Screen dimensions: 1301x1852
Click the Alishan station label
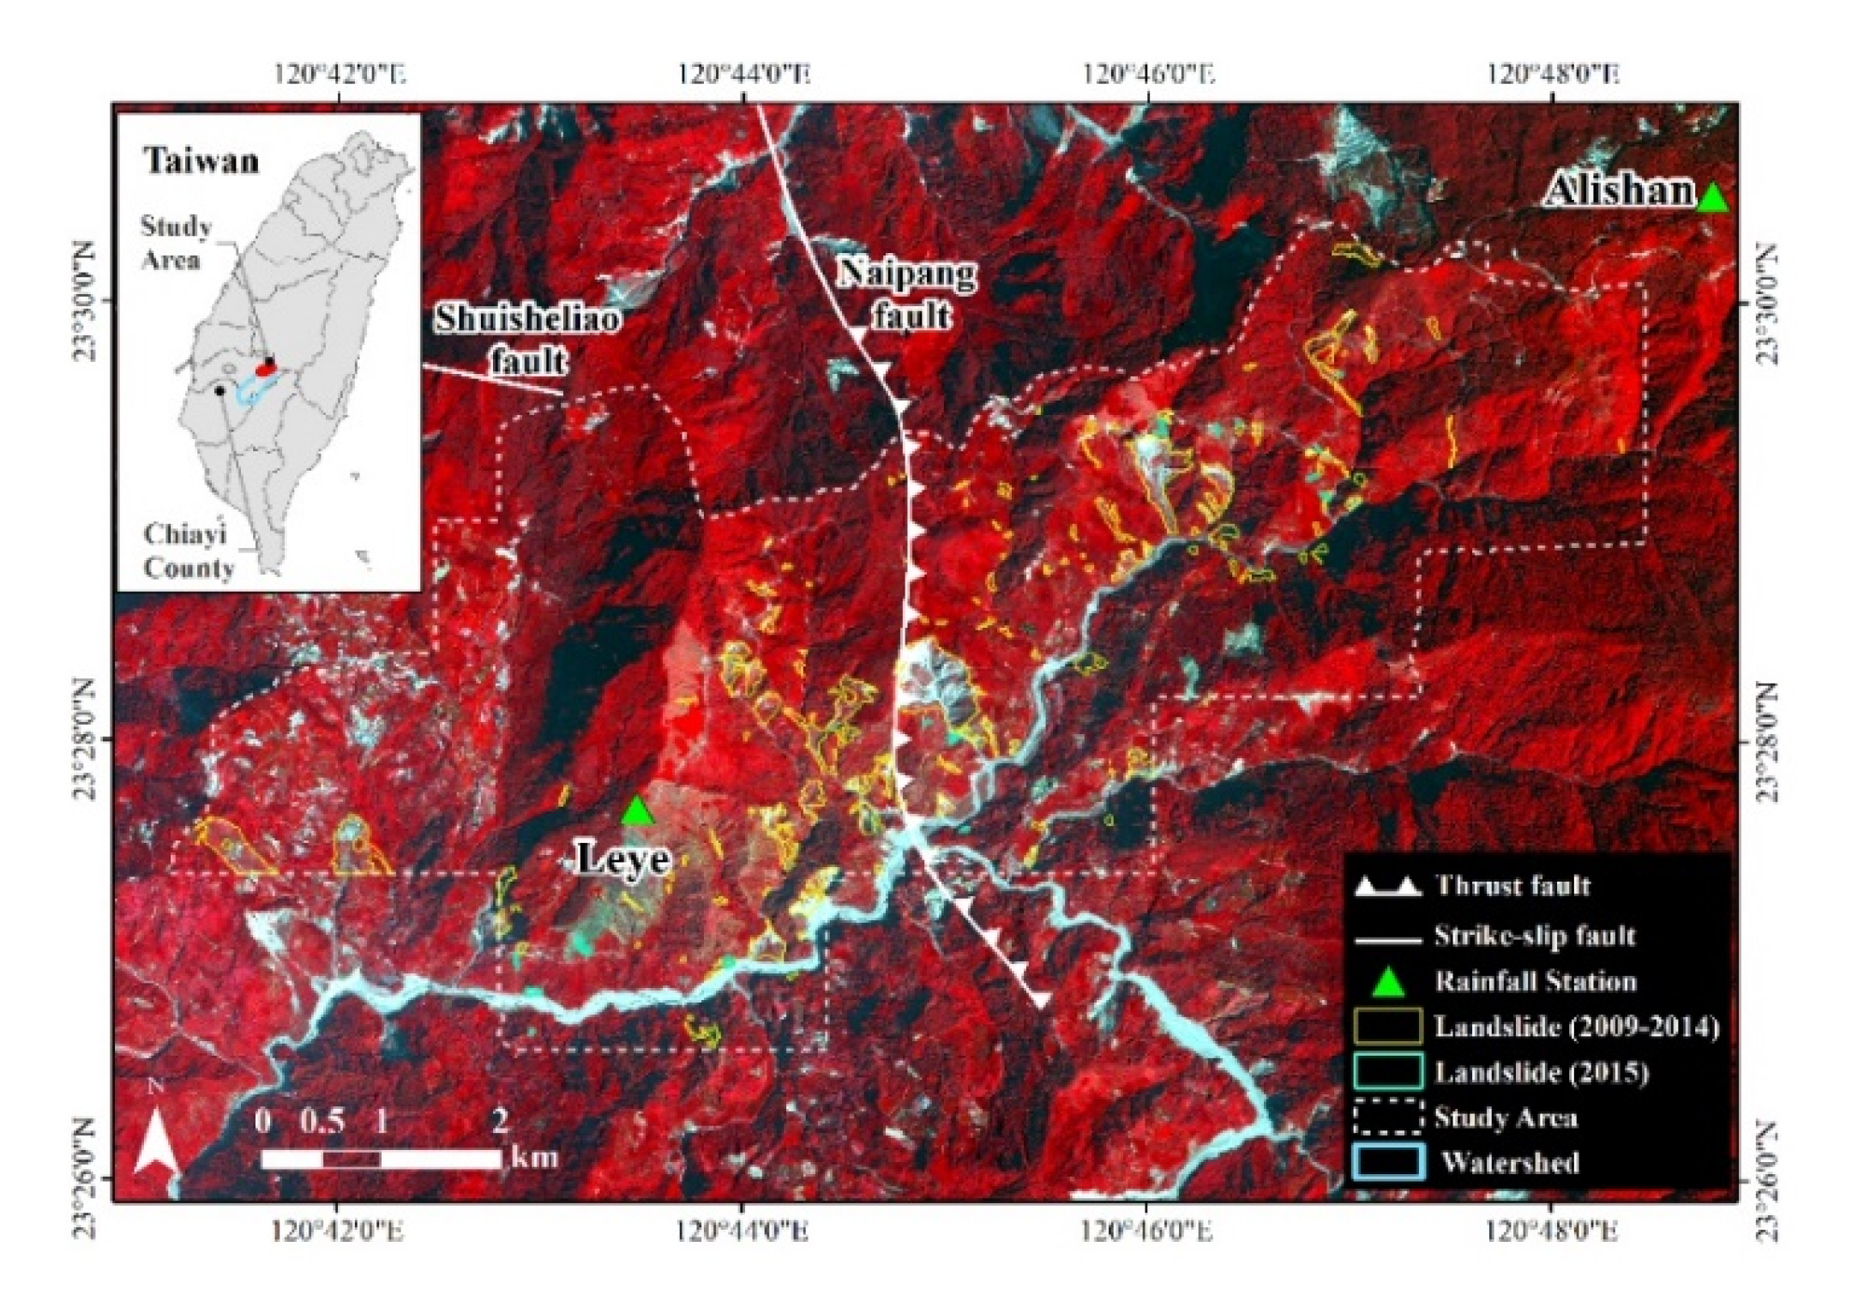[1619, 191]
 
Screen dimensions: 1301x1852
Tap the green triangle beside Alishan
[1712, 198]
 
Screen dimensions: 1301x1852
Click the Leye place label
[622, 858]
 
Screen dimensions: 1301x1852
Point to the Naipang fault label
[907, 293]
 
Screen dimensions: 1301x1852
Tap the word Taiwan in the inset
[201, 160]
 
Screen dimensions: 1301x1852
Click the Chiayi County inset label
[189, 551]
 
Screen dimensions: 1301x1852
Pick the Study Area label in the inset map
[176, 243]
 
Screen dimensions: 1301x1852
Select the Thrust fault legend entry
[1512, 886]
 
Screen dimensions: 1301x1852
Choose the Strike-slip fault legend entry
[1534, 935]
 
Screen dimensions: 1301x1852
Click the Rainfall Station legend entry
[1535, 981]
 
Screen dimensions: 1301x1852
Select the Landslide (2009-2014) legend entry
[1576, 1027]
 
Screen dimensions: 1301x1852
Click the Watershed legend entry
[1510, 1162]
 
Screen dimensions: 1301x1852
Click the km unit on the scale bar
[535, 1158]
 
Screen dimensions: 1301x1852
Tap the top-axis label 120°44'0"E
[743, 74]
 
